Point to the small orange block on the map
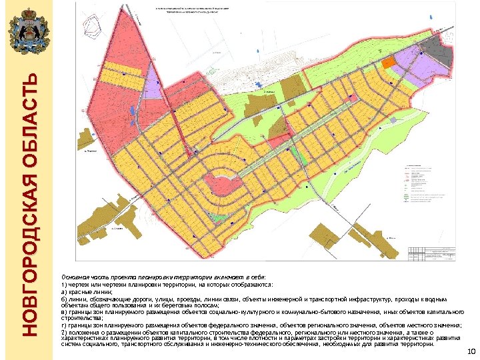(387, 62)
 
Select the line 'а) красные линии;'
(87, 292)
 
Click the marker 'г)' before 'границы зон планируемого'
(64, 325)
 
